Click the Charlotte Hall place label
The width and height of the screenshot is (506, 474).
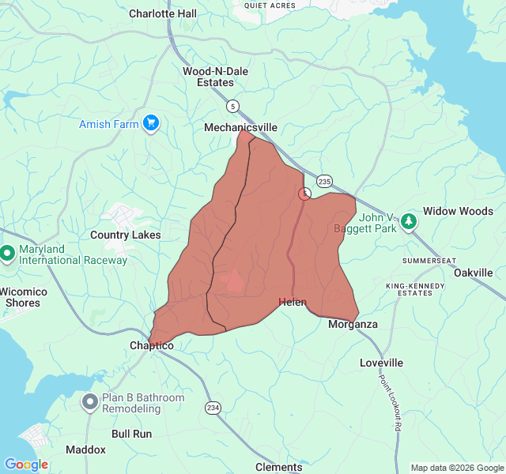[x=174, y=13]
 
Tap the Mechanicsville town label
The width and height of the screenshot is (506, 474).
[x=240, y=127]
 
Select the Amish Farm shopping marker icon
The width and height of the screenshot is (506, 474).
[x=151, y=123]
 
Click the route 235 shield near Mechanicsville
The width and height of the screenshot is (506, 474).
[x=325, y=181]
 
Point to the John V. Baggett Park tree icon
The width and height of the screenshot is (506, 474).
[x=409, y=220]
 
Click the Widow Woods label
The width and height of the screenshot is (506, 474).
[x=458, y=211]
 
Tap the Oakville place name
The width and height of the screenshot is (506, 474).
[x=473, y=273]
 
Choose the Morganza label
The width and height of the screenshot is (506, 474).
[x=353, y=325]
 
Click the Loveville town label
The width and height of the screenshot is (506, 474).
[x=381, y=363]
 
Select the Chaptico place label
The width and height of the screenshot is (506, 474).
[x=151, y=345]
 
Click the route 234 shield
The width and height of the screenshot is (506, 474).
[x=213, y=407]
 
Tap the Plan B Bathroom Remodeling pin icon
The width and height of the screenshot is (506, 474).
[x=90, y=403]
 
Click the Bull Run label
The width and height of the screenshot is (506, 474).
[x=131, y=434]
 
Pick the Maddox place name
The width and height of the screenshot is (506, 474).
[x=85, y=450]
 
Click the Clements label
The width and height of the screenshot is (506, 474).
[x=278, y=467]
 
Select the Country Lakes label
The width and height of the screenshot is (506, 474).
[x=125, y=235]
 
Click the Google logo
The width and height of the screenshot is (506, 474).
[x=26, y=465]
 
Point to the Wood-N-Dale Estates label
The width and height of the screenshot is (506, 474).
[x=215, y=77]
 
